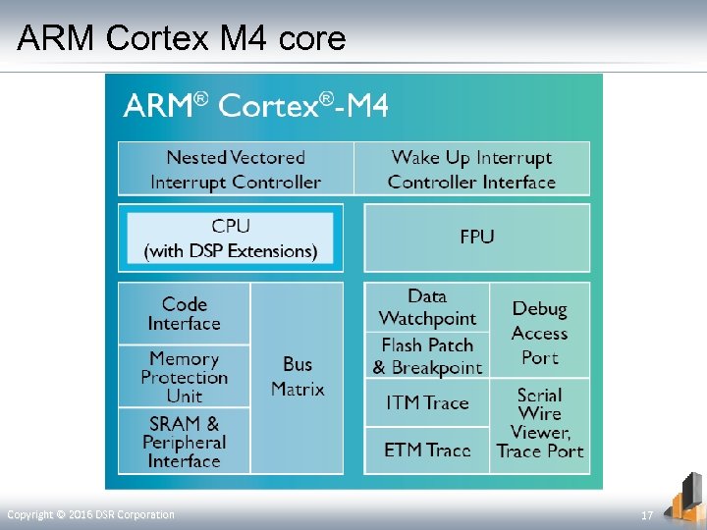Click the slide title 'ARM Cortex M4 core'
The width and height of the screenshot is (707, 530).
(x=182, y=38)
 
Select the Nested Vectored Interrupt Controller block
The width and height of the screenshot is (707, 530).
(x=236, y=169)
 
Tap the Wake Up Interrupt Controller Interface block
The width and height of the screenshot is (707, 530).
(x=471, y=169)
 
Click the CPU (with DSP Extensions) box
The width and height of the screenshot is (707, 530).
(x=231, y=238)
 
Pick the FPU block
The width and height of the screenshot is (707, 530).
(x=477, y=237)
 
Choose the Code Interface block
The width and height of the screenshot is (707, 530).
(x=185, y=313)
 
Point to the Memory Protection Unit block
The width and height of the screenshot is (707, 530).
(x=185, y=377)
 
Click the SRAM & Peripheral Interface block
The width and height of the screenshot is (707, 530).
(x=185, y=442)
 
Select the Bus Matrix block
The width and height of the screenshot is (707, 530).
(x=298, y=377)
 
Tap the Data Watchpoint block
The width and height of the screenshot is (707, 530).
(x=427, y=307)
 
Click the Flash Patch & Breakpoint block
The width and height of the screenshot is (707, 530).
(x=427, y=356)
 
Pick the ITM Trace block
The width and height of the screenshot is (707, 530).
(x=427, y=402)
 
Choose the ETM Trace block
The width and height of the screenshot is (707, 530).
(x=427, y=450)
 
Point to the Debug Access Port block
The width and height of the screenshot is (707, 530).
(x=540, y=332)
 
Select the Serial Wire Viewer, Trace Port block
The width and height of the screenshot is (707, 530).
(x=540, y=423)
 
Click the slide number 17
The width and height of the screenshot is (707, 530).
(x=647, y=515)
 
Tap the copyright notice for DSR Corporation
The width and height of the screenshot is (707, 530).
(x=90, y=515)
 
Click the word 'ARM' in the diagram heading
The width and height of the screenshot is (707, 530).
(x=158, y=106)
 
